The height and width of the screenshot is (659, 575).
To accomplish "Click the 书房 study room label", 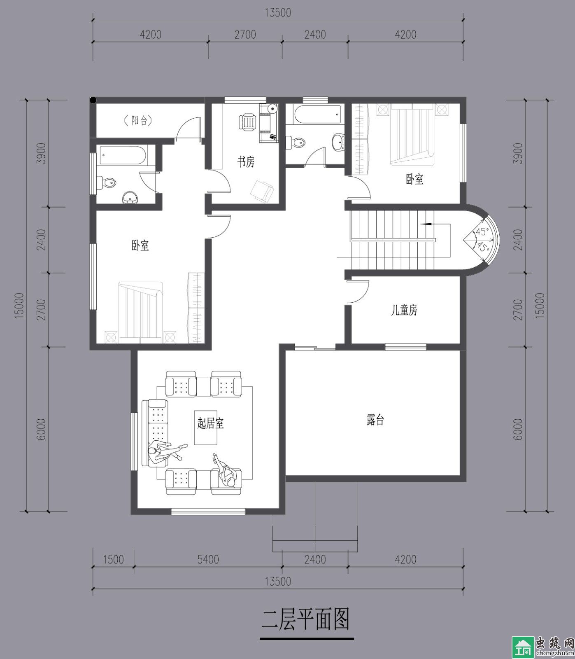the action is (x=246, y=161).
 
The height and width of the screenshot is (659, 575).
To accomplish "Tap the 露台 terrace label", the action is (x=375, y=420).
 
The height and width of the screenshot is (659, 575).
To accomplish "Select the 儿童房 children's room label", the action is (x=404, y=310).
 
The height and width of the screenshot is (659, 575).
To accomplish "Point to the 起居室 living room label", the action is (x=210, y=423).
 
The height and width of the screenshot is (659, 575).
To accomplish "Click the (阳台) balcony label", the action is (x=138, y=120).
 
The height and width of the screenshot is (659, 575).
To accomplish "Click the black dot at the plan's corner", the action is (x=93, y=100).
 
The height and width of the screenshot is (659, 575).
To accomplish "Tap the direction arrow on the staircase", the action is (x=426, y=224).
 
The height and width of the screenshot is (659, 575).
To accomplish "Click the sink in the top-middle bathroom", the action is (x=338, y=141).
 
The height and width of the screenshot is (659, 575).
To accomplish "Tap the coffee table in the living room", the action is (x=206, y=432).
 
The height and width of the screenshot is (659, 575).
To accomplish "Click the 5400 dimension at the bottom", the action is (x=208, y=559).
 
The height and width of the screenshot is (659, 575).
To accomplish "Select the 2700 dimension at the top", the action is (x=245, y=34).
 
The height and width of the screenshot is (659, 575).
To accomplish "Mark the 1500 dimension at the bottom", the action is (x=113, y=559).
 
